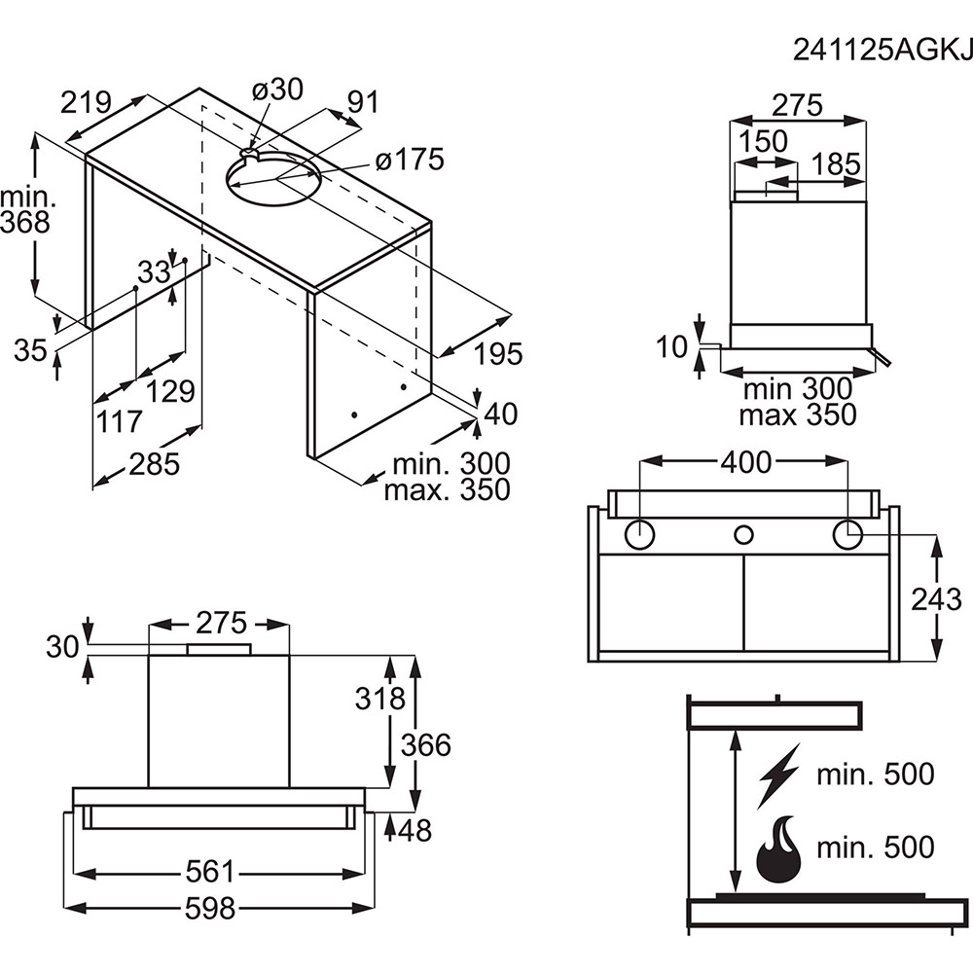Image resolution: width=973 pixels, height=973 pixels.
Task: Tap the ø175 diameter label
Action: click(409, 160)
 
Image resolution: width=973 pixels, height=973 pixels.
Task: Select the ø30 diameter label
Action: click(276, 90)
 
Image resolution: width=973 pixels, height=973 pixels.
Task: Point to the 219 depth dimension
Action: click(87, 102)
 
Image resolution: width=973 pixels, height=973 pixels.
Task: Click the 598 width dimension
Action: click(209, 909)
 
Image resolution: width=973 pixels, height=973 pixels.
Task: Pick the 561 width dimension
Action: click(209, 872)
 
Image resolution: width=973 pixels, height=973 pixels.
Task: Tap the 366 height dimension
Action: click(427, 744)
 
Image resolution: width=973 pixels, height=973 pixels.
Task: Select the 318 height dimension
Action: click(379, 699)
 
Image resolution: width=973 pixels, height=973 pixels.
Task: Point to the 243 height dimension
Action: click(937, 598)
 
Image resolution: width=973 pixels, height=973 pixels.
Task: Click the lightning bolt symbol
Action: click(778, 775)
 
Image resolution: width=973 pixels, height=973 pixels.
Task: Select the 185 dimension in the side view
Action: click(837, 164)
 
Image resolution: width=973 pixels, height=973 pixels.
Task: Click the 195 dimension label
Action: click(499, 354)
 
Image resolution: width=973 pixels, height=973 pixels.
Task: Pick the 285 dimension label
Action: click(154, 464)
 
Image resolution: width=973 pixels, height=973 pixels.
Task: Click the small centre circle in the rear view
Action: click(744, 533)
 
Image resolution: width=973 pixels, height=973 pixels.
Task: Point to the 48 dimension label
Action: click(414, 830)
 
